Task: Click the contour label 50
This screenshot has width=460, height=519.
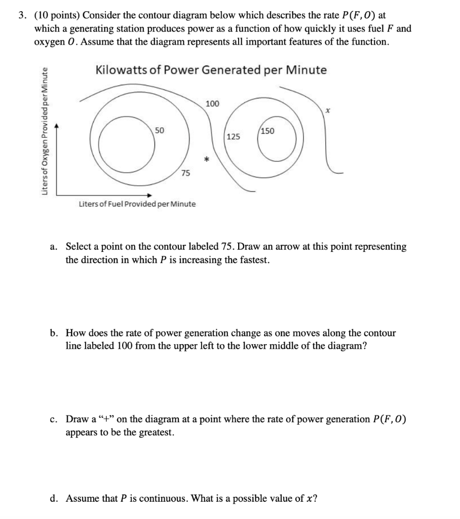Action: coord(159,130)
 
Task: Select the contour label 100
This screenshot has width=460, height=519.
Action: coord(213,104)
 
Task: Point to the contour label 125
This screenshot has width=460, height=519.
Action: coord(234,137)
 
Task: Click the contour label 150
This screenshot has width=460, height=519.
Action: coord(267,131)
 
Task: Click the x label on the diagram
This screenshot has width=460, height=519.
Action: coord(328,109)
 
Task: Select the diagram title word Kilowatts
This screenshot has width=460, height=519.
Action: coord(122,70)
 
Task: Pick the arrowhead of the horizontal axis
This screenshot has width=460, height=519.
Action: coord(150,195)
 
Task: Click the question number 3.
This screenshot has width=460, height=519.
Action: coord(22,16)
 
